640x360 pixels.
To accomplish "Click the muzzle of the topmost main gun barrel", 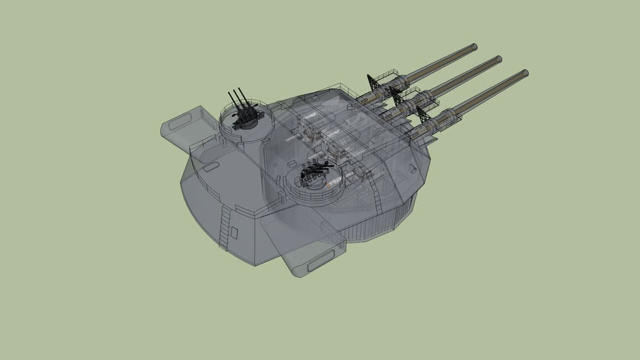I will pyautogui.click(x=474, y=47).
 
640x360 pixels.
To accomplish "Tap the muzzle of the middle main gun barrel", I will pyautogui.click(x=498, y=59).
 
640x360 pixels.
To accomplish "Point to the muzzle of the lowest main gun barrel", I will pyautogui.click(x=524, y=72).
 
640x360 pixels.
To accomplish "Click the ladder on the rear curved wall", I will pyautogui.click(x=224, y=228).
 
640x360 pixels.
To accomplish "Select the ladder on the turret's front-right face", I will pyautogui.click(x=376, y=201).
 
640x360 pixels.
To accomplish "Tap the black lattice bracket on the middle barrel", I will pyautogui.click(x=398, y=98).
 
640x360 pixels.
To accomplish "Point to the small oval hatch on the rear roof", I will pyautogui.click(x=210, y=167).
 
